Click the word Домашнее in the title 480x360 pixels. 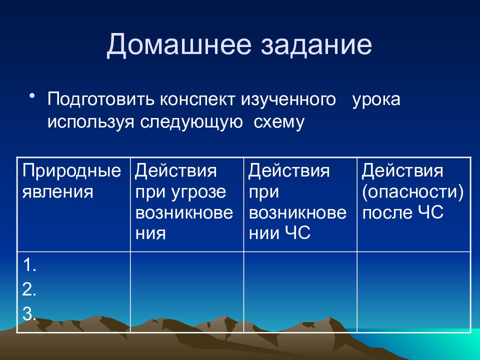coord(179,45)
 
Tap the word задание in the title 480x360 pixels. coord(316,45)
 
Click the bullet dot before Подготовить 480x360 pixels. coord(32,96)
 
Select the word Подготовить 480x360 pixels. coord(100,99)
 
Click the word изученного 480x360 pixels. coord(288,99)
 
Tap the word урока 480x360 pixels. coord(376,100)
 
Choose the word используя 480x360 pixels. coord(91,122)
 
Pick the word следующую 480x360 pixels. coord(191,122)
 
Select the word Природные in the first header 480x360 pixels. coord(71,171)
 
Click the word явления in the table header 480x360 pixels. coord(57,192)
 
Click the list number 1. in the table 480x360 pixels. coord(29,265)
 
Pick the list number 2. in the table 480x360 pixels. coord(29,289)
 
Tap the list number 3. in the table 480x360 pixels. coord(29,314)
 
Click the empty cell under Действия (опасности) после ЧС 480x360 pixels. coord(414,291)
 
